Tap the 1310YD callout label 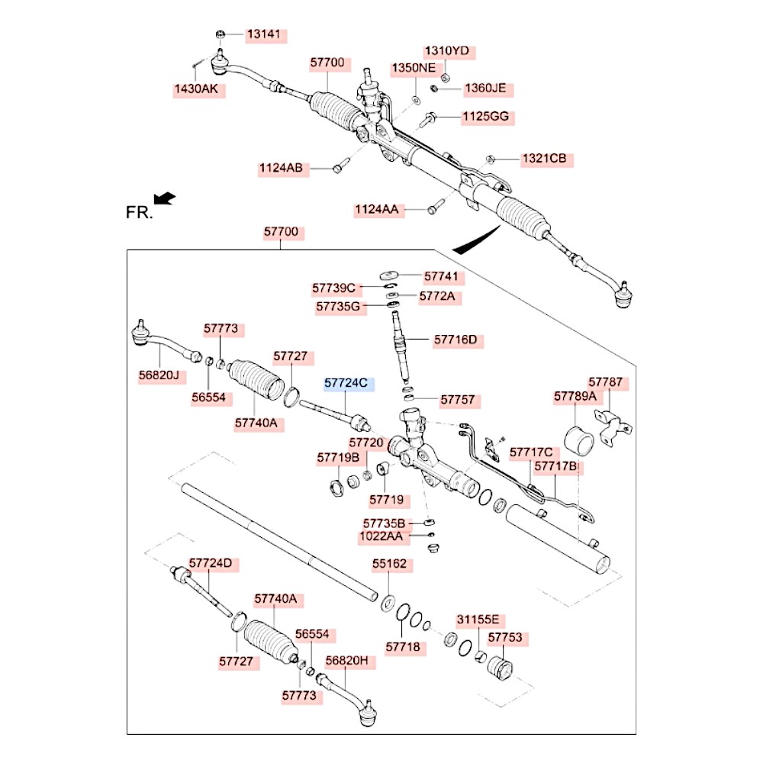pyautogui.click(x=447, y=51)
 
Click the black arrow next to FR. pyautogui.click(x=164, y=198)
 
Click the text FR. pyautogui.click(x=139, y=213)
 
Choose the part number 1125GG pyautogui.click(x=485, y=118)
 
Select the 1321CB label pyautogui.click(x=544, y=159)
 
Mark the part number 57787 pyautogui.click(x=605, y=382)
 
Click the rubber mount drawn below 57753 pyautogui.click(x=501, y=669)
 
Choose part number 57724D pyautogui.click(x=211, y=564)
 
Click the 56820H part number pyautogui.click(x=347, y=661)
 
